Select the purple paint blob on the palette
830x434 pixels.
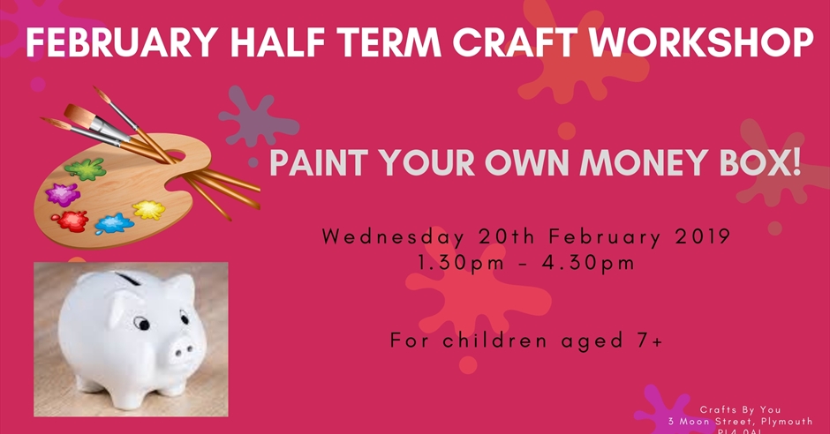point(63,193)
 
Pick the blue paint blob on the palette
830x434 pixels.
point(113,223)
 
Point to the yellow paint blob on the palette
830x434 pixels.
point(148,210)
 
